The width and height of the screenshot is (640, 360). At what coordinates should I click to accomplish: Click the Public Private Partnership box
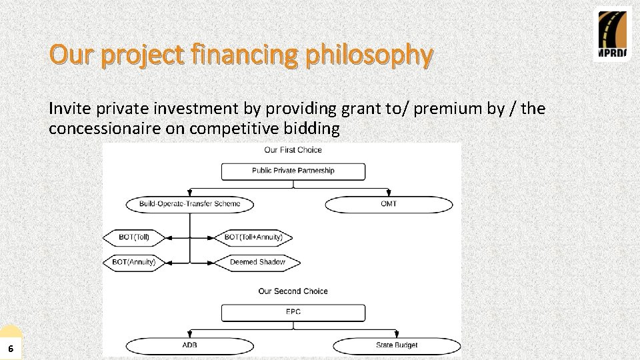(293, 171)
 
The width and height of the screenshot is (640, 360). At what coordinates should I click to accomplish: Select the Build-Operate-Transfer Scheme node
(190, 203)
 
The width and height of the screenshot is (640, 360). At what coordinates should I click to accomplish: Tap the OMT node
(389, 203)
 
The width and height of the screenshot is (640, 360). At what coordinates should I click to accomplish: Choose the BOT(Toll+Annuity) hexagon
(253, 237)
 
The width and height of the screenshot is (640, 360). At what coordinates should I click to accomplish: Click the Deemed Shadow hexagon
(257, 262)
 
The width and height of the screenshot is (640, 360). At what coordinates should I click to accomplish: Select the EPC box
(293, 312)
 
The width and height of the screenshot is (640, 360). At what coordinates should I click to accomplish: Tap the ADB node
(189, 345)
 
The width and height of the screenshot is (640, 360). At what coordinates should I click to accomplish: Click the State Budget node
(397, 345)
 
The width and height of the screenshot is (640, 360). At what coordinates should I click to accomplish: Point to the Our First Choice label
(293, 150)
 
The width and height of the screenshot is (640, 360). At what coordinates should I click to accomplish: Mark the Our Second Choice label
(293, 291)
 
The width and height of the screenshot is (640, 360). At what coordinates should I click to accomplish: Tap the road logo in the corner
(612, 35)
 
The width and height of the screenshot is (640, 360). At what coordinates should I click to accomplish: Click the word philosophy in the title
(368, 55)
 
